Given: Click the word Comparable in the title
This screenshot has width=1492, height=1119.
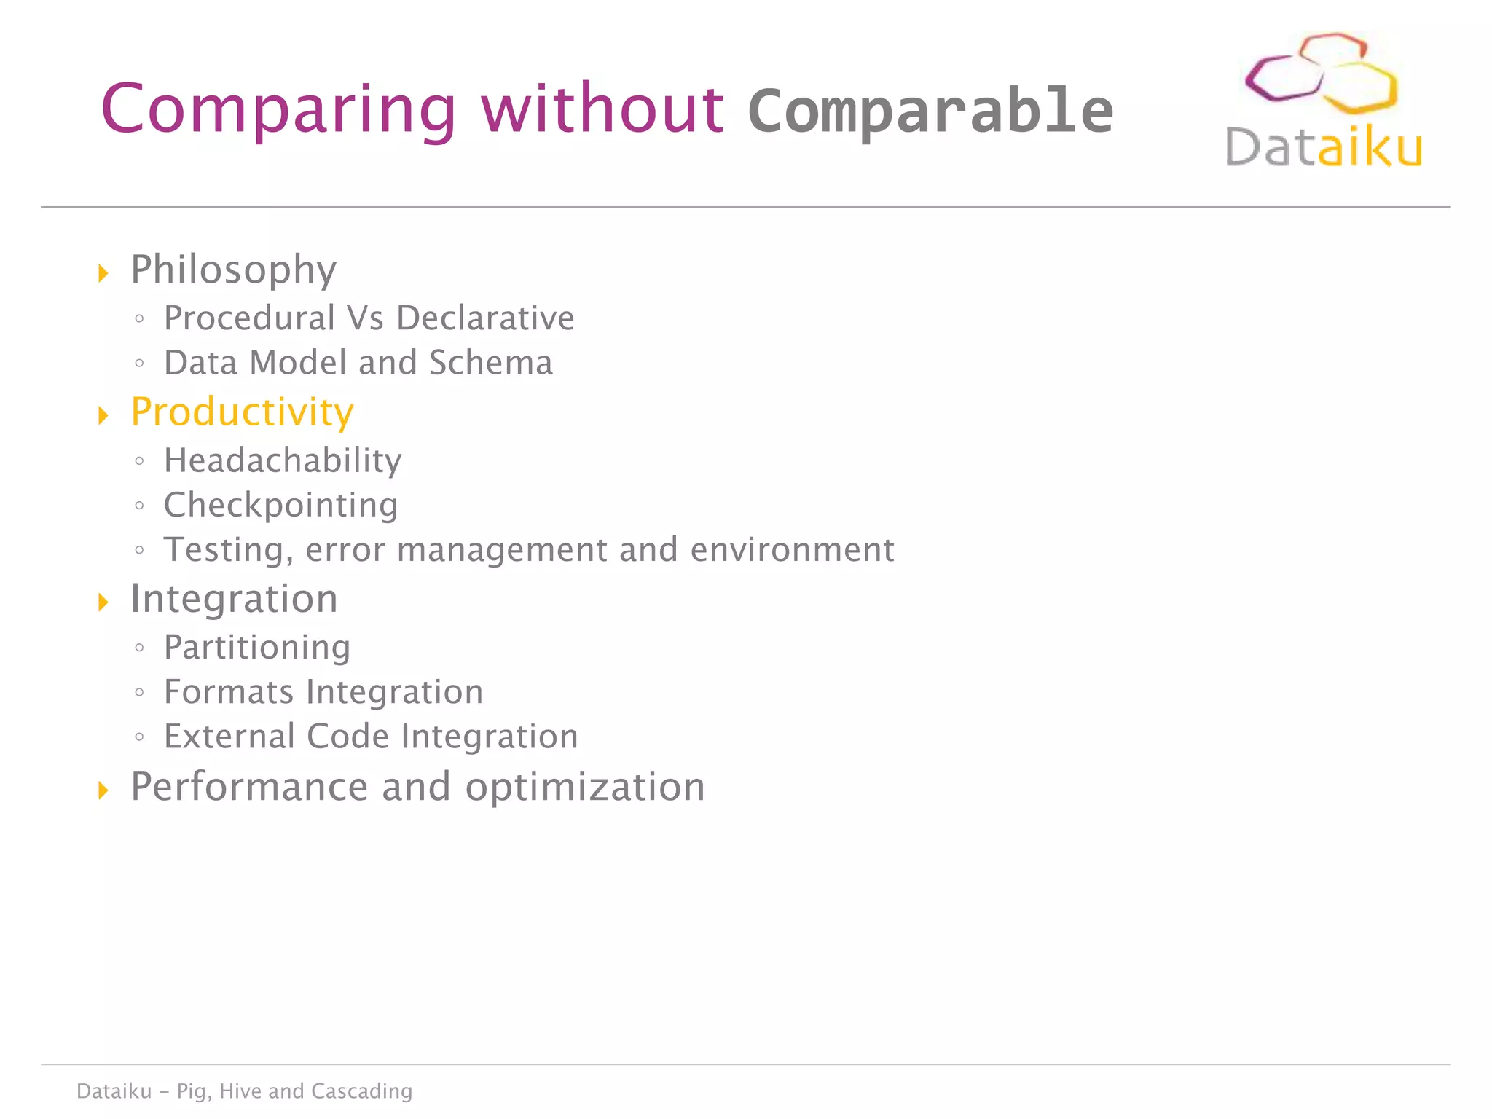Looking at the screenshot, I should coord(930,111).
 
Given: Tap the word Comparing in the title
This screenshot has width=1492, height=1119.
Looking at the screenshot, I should coord(278,109).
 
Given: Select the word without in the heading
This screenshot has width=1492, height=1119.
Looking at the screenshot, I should coord(602,109).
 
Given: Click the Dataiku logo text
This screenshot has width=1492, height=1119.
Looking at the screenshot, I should coord(1323,147).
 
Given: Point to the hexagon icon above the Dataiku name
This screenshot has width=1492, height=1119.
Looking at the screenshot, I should coord(1320,73).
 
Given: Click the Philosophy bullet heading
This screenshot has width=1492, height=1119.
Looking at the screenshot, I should coord(233,270).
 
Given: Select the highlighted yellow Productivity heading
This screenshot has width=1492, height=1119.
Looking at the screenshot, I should coord(242,412).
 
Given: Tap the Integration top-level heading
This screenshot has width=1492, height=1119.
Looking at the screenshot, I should coord(234,600).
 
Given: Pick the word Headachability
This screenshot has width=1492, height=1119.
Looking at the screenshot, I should coord(283,460).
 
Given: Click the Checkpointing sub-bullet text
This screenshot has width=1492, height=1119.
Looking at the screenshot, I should coord(280,506).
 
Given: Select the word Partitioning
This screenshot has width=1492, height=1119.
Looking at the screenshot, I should coord(257,648).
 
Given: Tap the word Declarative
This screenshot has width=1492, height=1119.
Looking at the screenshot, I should coord(485,318).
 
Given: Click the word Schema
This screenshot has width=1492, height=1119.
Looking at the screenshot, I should coord(491,363).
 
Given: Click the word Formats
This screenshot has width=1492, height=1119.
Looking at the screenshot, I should coord(228,692).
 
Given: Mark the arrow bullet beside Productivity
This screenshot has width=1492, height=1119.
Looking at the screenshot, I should coord(103,415).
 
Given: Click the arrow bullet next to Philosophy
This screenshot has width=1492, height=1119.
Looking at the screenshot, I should coord(103,273).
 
